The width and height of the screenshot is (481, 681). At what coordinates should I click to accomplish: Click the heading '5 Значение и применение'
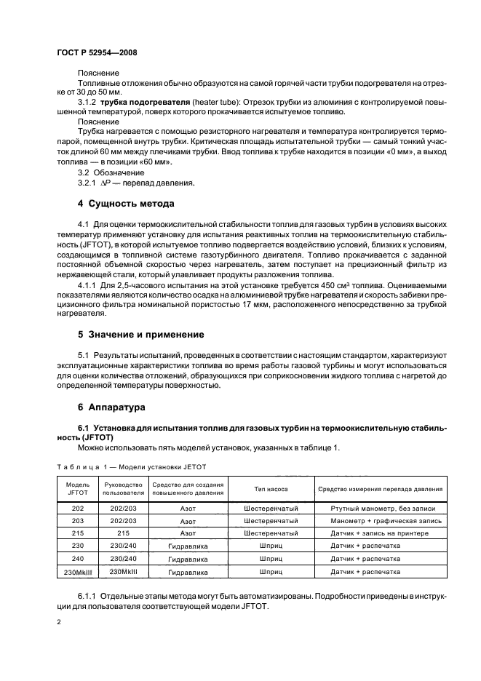pos(140,335)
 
